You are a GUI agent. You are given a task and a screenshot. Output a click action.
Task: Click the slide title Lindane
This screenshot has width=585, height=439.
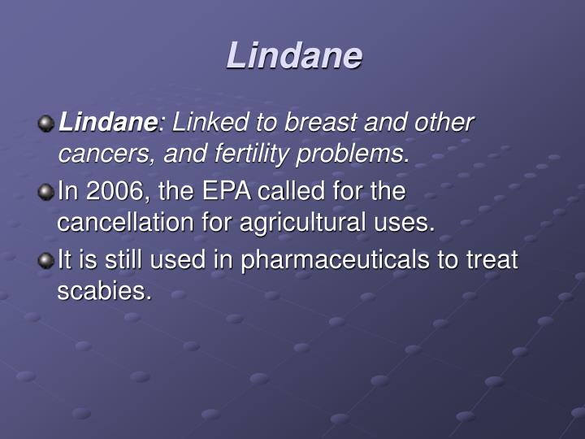293,55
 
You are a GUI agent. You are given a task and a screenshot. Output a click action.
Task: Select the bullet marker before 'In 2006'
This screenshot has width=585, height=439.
46,193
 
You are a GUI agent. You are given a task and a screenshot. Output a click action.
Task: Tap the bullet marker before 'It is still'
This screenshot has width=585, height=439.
46,261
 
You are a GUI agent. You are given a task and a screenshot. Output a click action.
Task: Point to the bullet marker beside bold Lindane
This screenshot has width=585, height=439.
46,124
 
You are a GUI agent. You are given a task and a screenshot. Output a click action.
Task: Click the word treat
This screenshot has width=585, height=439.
490,261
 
